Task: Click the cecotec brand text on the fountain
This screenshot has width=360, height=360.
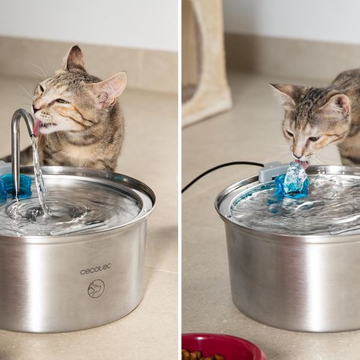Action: point(95,269)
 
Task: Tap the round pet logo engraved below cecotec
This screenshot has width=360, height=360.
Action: point(96,289)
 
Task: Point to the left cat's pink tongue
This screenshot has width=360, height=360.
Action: point(37,127)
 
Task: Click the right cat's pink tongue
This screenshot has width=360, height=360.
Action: point(302,163)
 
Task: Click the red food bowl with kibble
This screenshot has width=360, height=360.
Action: point(223,347)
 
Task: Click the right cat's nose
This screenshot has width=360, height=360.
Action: point(298,155)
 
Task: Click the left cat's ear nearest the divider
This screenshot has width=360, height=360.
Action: point(110,88)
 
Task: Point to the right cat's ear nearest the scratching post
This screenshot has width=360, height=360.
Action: point(283,94)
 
